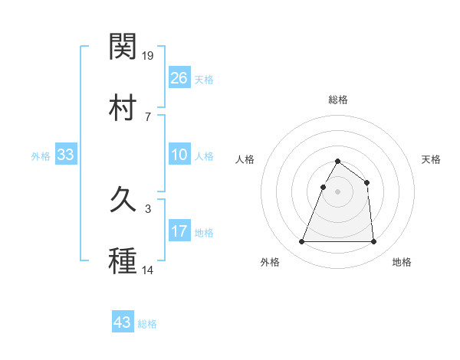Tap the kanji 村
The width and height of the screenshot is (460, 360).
click(123, 108)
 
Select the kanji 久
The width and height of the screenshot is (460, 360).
click(123, 201)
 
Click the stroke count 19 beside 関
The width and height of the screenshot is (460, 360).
click(149, 54)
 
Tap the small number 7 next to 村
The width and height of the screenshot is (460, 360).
click(148, 116)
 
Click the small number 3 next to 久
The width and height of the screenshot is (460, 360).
click(148, 208)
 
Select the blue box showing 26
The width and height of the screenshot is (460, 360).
click(179, 78)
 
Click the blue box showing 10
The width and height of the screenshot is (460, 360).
click(179, 155)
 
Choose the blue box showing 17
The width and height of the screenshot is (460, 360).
click(179, 232)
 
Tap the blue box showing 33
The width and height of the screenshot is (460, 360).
click(65, 155)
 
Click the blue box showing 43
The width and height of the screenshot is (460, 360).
click(122, 322)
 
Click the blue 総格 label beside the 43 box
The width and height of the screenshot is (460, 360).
click(147, 324)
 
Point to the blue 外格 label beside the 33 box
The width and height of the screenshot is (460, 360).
click(41, 156)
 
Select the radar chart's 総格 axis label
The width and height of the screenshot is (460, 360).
click(337, 100)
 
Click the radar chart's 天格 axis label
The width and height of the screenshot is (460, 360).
click(432, 159)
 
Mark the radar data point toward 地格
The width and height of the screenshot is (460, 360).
click(373, 242)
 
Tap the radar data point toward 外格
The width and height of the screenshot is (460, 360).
click(302, 242)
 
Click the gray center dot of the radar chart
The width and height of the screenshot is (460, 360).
click(337, 192)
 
